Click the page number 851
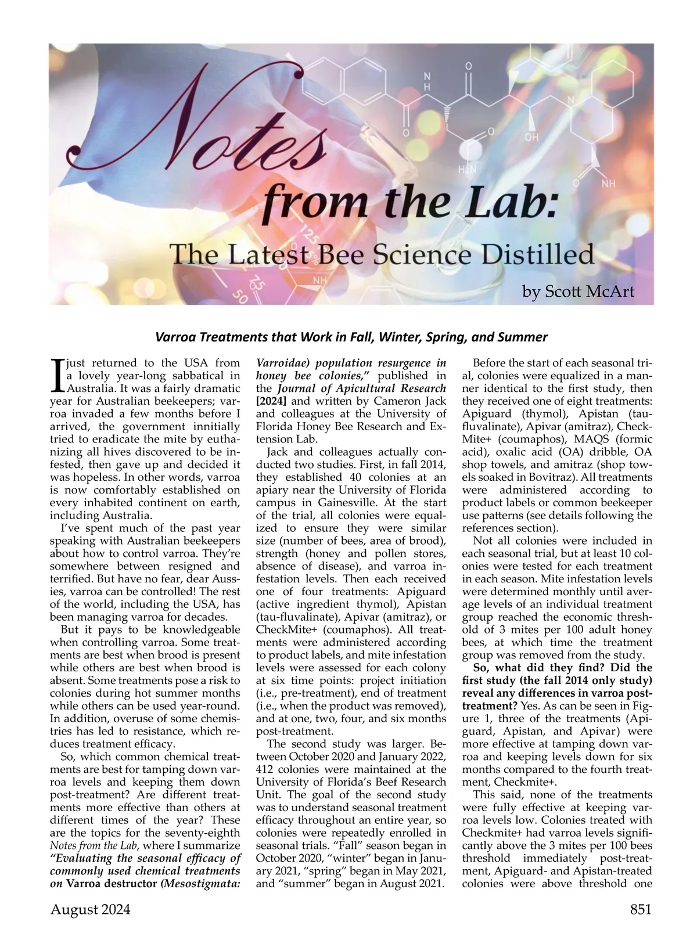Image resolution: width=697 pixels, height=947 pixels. [641, 909]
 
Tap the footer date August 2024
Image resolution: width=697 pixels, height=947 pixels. [91, 909]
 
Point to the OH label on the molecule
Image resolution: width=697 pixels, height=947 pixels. [531, 138]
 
